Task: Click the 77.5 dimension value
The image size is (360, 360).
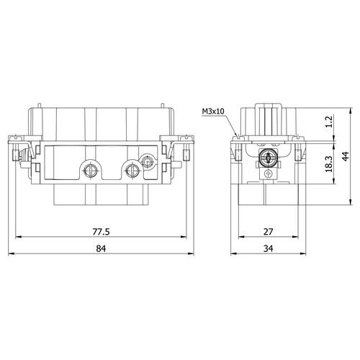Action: (101, 232)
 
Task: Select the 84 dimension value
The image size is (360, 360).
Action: (101, 248)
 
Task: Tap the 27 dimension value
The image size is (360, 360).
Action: (269, 232)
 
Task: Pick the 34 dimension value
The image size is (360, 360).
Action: (269, 248)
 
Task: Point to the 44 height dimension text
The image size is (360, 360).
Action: (346, 156)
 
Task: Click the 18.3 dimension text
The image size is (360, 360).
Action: (328, 164)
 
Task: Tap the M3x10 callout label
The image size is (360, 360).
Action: (213, 112)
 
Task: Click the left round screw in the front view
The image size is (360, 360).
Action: (90, 171)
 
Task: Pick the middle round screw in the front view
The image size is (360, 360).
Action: (132, 171)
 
